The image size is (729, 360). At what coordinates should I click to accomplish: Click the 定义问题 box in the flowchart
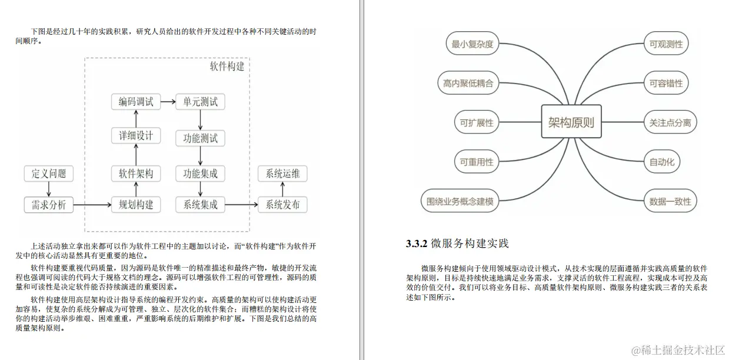[49, 174]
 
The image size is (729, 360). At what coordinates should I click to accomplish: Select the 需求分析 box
[49, 205]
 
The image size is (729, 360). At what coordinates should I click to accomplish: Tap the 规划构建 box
[136, 205]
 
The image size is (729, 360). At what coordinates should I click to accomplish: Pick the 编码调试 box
[136, 102]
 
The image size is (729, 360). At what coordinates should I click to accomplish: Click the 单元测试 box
[200, 102]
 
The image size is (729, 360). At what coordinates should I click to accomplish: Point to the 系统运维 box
[282, 174]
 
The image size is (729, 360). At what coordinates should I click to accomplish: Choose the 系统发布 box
[282, 205]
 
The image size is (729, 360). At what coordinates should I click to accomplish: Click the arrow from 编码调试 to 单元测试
[168, 102]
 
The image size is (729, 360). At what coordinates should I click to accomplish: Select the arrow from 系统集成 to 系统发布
[241, 205]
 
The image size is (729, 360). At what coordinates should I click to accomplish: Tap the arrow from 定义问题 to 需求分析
[49, 189]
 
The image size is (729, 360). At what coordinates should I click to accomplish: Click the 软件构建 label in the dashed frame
[227, 66]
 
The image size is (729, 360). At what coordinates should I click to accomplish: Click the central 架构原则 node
[571, 122]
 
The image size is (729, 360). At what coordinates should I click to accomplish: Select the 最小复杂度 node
[472, 44]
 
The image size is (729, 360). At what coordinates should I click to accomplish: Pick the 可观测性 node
[666, 44]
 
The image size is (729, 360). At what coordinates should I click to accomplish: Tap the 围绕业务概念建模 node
[460, 201]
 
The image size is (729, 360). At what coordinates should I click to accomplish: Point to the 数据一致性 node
[670, 201]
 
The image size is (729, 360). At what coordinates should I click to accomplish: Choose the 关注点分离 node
[670, 123]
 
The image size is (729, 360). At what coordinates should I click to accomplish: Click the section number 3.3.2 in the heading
[416, 244]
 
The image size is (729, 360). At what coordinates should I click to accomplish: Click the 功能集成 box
[200, 174]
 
